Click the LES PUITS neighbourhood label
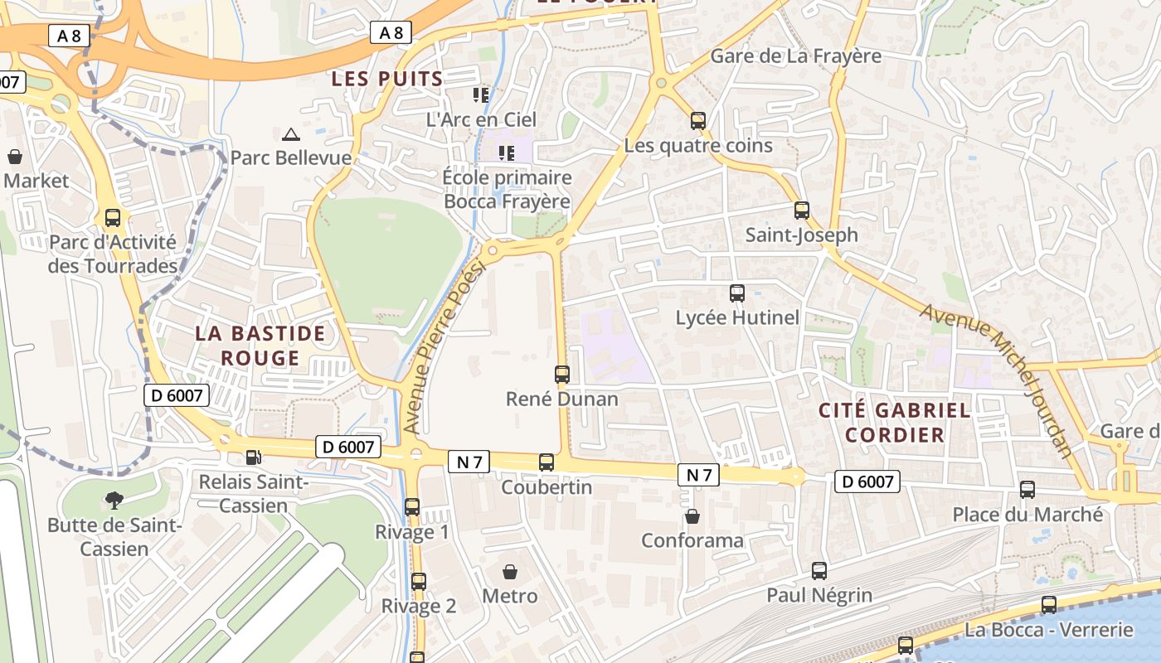387,79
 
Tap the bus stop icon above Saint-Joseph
801,211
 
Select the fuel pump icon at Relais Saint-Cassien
254,457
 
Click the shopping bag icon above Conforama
692,516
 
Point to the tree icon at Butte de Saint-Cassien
114,500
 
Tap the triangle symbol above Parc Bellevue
290,134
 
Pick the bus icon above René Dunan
562,374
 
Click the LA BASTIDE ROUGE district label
260,346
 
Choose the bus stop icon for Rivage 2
419,582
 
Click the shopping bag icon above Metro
510,572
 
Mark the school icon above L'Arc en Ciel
481,95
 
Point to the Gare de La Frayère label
795,56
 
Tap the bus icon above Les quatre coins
698,121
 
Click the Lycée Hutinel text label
737,317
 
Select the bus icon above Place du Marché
1027,490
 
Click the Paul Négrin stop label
819,595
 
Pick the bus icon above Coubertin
546,462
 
